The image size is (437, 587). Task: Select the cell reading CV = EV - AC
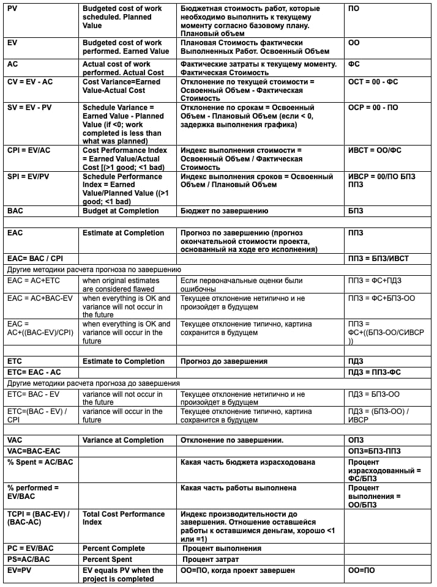[x=30, y=81]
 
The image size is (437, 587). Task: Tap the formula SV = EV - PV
[x=30, y=108]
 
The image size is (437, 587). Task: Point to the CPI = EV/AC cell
[x=30, y=150]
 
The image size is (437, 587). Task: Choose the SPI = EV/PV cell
[x=30, y=177]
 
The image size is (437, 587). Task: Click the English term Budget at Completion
[x=121, y=211]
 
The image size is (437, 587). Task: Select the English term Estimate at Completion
[x=123, y=233]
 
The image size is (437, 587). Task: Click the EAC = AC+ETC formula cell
[x=33, y=280]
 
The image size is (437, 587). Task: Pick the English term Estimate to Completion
[x=122, y=361]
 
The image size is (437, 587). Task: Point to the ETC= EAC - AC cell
[x=34, y=372]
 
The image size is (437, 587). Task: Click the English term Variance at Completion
[x=123, y=440]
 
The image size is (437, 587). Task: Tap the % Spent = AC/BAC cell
[x=40, y=462]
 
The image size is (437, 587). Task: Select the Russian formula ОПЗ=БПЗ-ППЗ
[x=375, y=451]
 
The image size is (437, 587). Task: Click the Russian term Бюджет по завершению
[x=225, y=211]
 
